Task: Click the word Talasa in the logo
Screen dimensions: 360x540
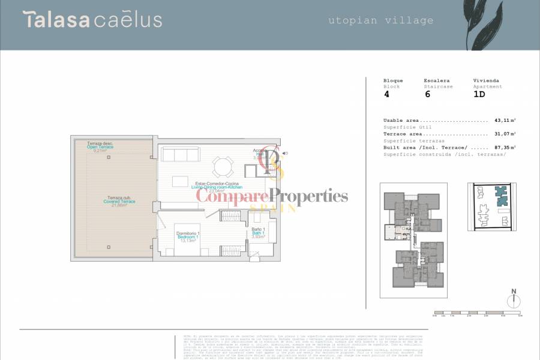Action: [56, 19]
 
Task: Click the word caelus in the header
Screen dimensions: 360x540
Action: [128, 20]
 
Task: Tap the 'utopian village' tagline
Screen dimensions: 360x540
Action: [380, 20]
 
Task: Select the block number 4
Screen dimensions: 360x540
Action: [386, 94]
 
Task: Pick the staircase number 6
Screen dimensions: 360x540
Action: [427, 94]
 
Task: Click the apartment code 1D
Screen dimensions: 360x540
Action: [479, 94]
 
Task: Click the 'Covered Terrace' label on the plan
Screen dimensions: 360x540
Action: [119, 202]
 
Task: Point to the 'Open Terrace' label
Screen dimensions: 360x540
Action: [100, 147]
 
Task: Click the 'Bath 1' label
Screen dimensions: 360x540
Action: [258, 233]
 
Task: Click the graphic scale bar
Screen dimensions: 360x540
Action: [478, 313]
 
